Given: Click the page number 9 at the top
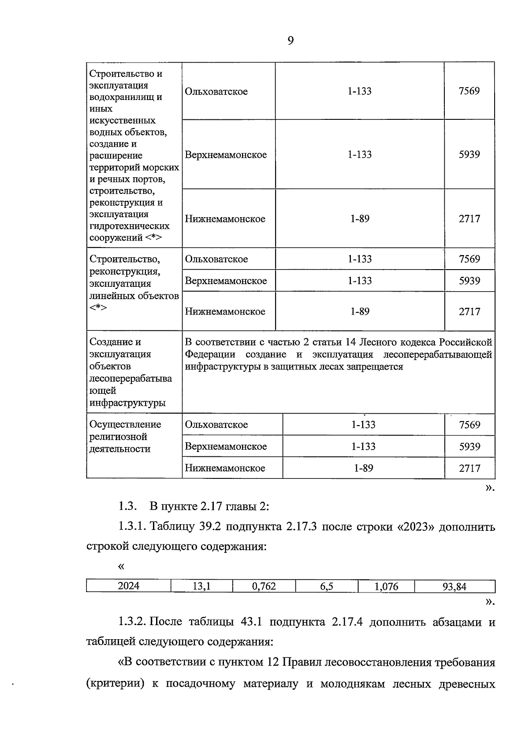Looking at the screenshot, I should (291, 41).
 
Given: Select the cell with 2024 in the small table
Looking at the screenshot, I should (129, 586).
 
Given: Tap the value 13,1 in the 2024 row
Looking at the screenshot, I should (201, 586).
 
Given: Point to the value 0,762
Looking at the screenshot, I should (264, 586).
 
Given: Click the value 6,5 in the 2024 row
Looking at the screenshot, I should (327, 586).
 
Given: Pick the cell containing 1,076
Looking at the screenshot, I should (386, 586).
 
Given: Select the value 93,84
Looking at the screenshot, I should (454, 586).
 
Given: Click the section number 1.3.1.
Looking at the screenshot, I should (132, 526).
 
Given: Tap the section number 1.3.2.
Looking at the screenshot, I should (132, 622).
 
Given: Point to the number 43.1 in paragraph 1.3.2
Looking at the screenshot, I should (252, 622).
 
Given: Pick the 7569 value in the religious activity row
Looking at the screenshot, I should (469, 425).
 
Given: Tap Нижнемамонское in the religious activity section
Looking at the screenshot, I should (225, 468).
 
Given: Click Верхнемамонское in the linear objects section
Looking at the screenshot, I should (226, 281).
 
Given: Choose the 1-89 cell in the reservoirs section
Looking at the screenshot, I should (360, 219).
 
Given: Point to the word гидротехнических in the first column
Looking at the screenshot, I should (129, 226).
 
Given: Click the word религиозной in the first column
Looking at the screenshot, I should (118, 437).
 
